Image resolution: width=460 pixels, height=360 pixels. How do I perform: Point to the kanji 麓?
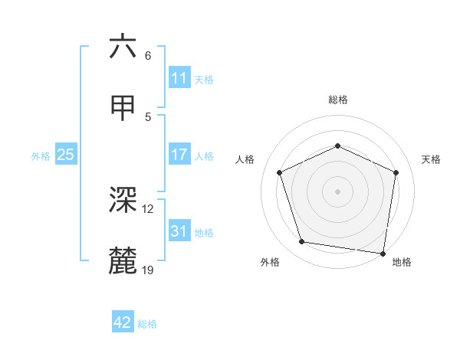pos(123,262)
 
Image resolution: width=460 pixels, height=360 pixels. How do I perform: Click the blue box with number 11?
pos(179,78)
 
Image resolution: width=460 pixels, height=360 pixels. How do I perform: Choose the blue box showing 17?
pos(179,155)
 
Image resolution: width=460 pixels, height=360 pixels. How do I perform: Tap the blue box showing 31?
pos(179,231)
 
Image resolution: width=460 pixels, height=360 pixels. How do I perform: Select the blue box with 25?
pos(65,155)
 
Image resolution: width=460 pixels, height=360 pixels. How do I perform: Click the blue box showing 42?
pos(123,322)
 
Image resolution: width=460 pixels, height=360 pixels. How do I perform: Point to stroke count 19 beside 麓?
pos(148,270)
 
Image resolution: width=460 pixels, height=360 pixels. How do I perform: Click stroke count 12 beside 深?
pos(148,208)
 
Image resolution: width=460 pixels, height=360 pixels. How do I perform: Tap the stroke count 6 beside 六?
pos(148,55)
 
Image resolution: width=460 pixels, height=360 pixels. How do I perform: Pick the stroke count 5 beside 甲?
pos(148,116)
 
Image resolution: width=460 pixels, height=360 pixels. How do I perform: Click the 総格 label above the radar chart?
pos(338,100)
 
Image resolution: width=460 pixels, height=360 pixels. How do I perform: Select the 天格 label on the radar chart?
pos(431,159)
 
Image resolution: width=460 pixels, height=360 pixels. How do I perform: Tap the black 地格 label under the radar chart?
pos(402,262)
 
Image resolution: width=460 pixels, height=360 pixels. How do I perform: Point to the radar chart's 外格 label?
pos(270,262)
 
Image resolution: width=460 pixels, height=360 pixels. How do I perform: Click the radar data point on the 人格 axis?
pos(281,172)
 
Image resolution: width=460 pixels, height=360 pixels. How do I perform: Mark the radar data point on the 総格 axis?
pos(337,145)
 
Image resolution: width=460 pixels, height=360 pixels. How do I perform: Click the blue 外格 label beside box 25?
pos(41,155)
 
